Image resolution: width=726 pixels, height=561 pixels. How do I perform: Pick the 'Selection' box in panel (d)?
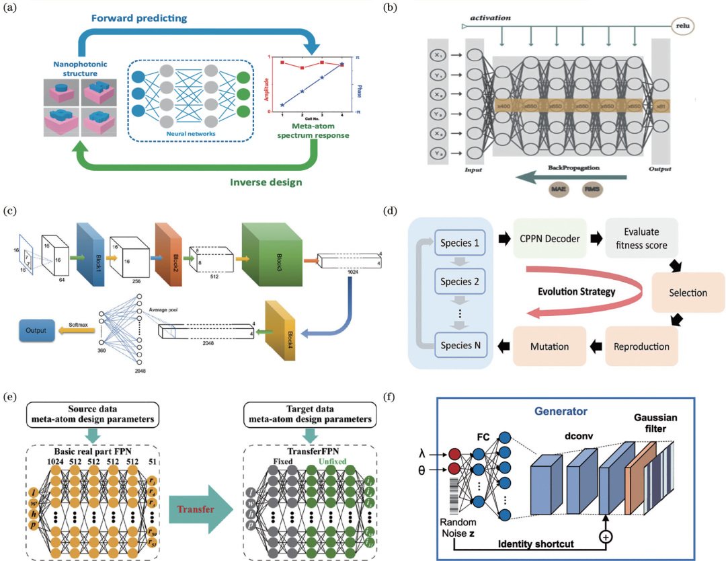(x=688, y=293)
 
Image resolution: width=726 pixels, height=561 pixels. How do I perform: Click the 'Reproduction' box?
(x=641, y=346)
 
